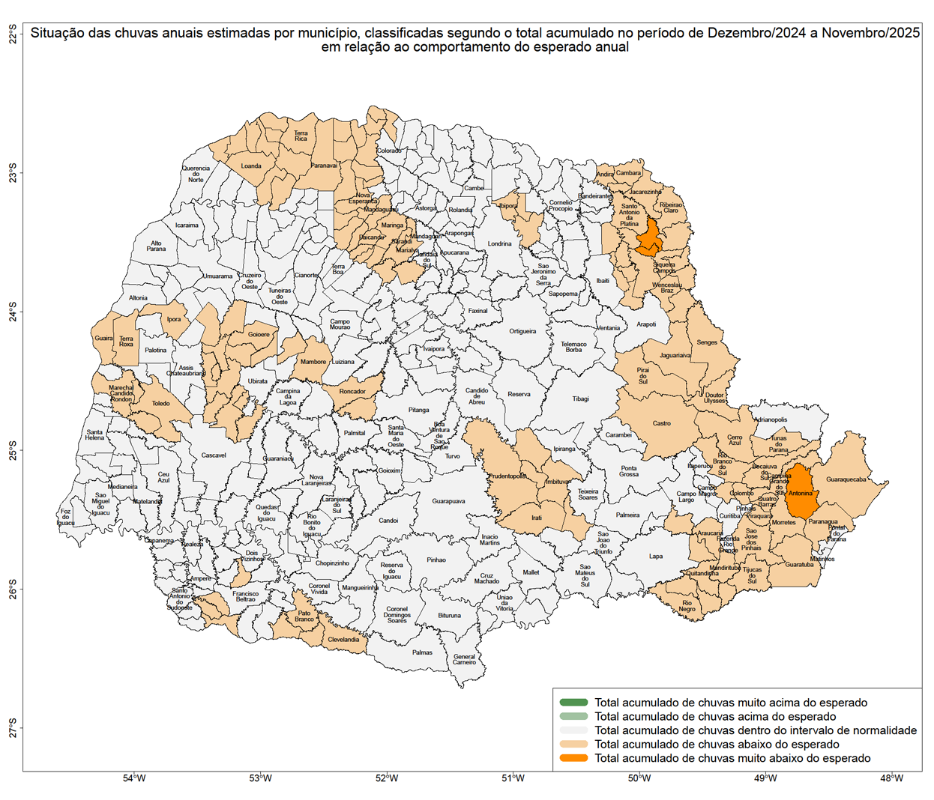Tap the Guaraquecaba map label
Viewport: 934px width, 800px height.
(x=846, y=479)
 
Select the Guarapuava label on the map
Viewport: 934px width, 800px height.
(x=448, y=501)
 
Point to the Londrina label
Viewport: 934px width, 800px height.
(x=499, y=243)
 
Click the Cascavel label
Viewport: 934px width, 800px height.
(x=214, y=455)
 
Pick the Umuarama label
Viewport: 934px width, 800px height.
(x=218, y=276)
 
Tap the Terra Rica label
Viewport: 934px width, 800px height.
(x=301, y=136)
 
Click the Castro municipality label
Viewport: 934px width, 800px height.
(x=661, y=423)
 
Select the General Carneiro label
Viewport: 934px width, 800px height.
(x=464, y=659)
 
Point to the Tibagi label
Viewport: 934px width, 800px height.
(x=580, y=399)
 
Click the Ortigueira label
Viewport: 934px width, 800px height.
(x=522, y=331)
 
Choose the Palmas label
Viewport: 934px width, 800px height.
(x=422, y=652)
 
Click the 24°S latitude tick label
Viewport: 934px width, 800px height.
(x=13, y=312)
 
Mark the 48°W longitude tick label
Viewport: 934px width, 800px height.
(x=891, y=778)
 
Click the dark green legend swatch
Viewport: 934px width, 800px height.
(x=573, y=703)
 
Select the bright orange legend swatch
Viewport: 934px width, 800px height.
(x=573, y=758)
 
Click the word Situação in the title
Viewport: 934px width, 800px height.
(x=57, y=33)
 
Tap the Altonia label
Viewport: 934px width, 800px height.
(x=138, y=297)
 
